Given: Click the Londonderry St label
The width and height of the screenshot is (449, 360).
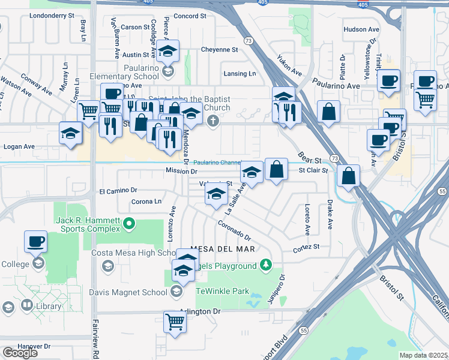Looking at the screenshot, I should click(x=51, y=15).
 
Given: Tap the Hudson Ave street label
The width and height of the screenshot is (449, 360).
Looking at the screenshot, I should click(x=361, y=29).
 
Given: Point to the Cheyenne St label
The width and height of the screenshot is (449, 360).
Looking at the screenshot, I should click(x=220, y=49).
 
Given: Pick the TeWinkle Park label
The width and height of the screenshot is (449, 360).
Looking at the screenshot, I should click(x=222, y=291).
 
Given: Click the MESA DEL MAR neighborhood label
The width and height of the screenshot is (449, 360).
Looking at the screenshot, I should click(x=223, y=248).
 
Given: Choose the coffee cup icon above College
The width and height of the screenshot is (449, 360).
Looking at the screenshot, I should click(x=35, y=241).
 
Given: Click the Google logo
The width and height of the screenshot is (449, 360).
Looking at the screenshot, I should click(x=20, y=352).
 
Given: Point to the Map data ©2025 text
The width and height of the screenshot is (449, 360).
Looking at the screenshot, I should click(x=423, y=355).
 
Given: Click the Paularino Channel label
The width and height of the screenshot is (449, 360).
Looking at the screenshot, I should click(x=217, y=163).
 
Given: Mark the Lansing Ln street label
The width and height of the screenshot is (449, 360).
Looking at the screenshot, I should click(x=239, y=74).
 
